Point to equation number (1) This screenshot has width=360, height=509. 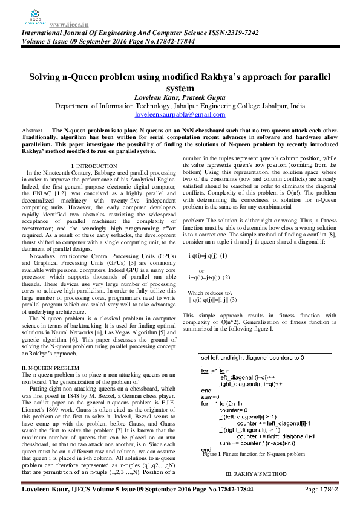tap(223, 256)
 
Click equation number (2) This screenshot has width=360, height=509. tap(226, 277)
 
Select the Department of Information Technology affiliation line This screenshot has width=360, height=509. tap(180, 105)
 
